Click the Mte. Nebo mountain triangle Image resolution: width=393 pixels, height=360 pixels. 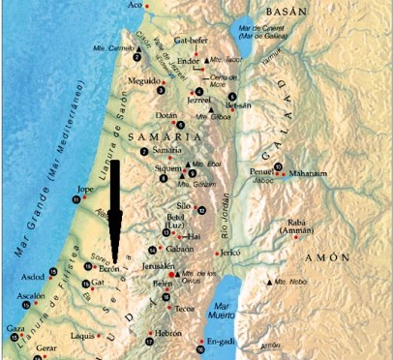[268, 283]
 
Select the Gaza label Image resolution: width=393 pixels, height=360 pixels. [14, 329]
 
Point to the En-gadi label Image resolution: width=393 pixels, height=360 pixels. [222, 342]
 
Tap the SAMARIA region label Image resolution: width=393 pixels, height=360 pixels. [149, 138]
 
